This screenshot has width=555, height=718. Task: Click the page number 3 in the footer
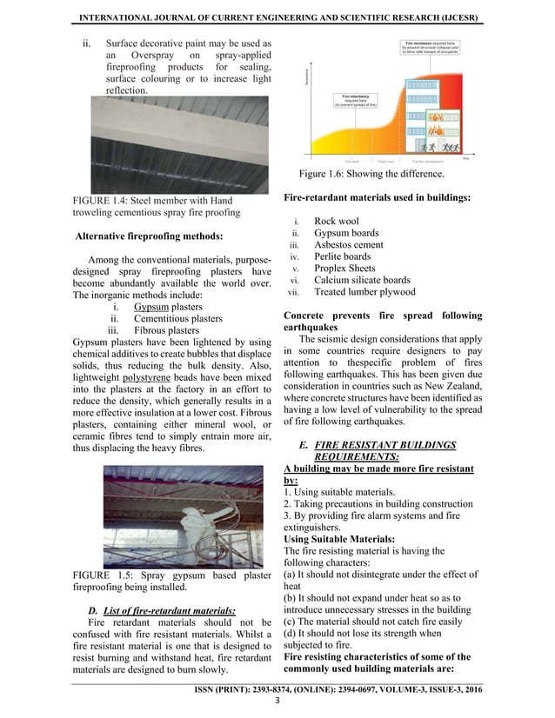click(x=277, y=701)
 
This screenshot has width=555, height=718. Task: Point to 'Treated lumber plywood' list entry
click(x=364, y=292)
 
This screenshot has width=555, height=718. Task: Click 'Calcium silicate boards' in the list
click(x=362, y=280)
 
